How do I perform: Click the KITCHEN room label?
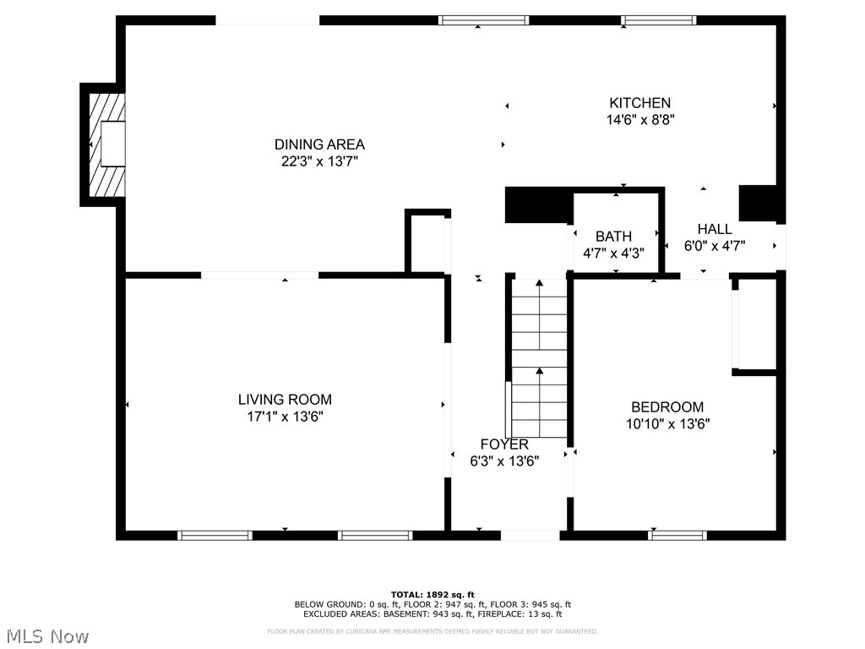point(639,103)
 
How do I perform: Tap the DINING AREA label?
point(319,145)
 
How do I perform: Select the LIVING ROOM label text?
point(285,400)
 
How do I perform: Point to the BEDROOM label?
point(666,407)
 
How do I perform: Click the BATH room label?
point(613,237)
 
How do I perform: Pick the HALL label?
point(714,229)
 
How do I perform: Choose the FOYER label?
point(504,444)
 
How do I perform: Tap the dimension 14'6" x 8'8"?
point(639,120)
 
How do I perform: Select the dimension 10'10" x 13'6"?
point(666,424)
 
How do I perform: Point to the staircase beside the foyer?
point(539,359)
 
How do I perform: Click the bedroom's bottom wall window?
point(677,535)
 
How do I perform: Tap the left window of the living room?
point(215,535)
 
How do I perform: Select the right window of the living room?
point(375,535)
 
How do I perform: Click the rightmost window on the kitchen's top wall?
point(659,20)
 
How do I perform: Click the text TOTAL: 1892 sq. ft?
point(432,594)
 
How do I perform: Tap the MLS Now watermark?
point(47,635)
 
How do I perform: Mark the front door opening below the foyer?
point(530,535)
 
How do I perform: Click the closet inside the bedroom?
point(756,325)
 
